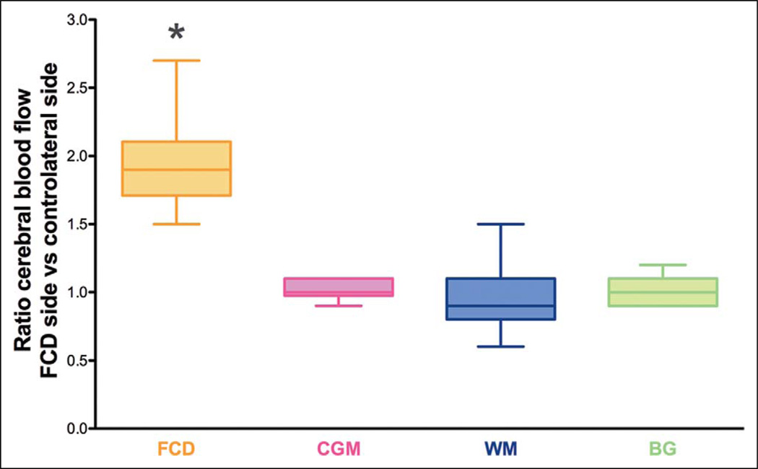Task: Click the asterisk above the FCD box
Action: click(177, 32)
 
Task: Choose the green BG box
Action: click(664, 292)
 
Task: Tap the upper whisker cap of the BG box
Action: click(664, 265)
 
